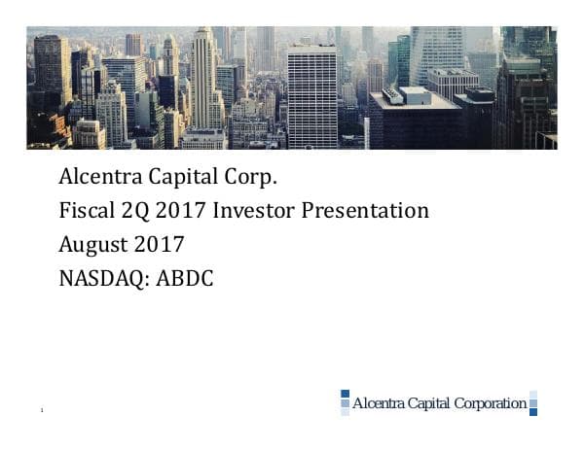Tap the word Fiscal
click(x=83, y=210)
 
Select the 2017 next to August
click(x=160, y=243)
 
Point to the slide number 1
click(x=43, y=413)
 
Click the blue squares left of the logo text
click(x=344, y=402)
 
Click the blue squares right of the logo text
click(x=533, y=402)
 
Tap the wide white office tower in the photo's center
click(x=311, y=97)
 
